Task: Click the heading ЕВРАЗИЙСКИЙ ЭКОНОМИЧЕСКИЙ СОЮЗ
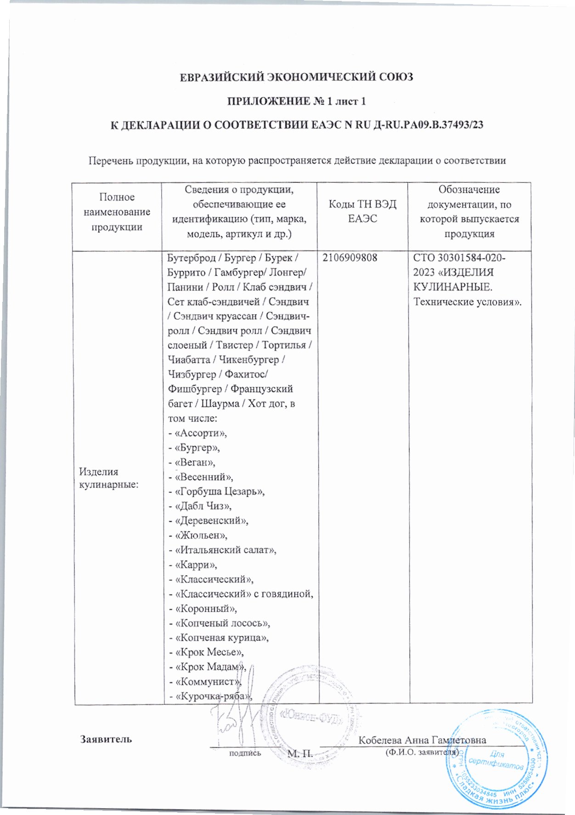point(296,77)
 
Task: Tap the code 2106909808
point(350,258)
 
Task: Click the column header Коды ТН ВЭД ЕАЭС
point(362,211)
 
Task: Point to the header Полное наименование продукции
point(117,212)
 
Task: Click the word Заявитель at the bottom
point(106,739)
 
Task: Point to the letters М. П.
point(300,753)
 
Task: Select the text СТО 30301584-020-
point(460,258)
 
